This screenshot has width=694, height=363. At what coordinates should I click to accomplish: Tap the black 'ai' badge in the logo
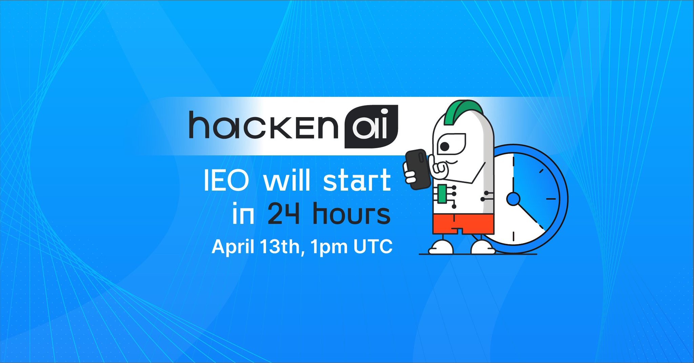pos(371,127)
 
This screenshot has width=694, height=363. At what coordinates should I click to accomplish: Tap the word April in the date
pos(233,247)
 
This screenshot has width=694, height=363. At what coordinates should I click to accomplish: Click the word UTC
pos(373,247)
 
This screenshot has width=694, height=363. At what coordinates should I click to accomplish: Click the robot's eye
pos(445,146)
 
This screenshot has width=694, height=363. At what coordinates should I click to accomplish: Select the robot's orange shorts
pos(463,223)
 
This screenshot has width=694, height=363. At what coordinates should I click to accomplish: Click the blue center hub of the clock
pos(513,199)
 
